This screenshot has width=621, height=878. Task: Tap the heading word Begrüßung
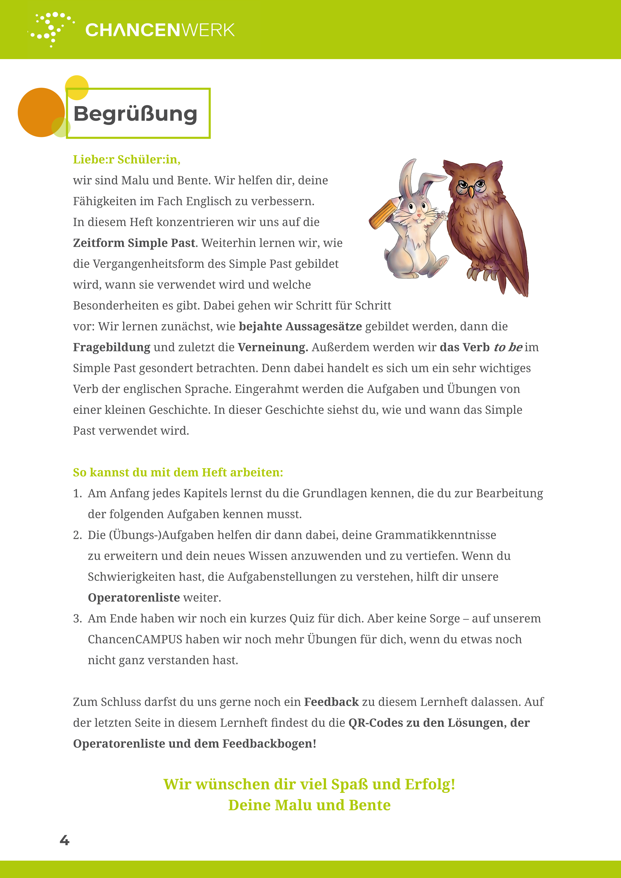(135, 114)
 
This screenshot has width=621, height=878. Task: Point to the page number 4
(65, 840)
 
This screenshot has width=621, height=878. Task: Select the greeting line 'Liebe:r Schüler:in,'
(126, 159)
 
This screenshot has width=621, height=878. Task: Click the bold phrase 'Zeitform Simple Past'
(134, 243)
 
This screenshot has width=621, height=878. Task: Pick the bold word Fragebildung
(112, 347)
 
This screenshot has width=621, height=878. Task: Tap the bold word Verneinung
(273, 347)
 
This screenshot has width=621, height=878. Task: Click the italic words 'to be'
(508, 347)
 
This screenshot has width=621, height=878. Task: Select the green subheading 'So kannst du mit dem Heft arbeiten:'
(178, 473)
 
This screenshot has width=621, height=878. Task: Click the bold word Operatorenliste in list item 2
(134, 598)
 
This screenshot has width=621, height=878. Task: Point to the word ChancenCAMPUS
(135, 639)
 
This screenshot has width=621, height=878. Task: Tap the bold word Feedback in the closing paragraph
(331, 702)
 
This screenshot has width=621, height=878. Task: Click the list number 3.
(77, 619)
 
